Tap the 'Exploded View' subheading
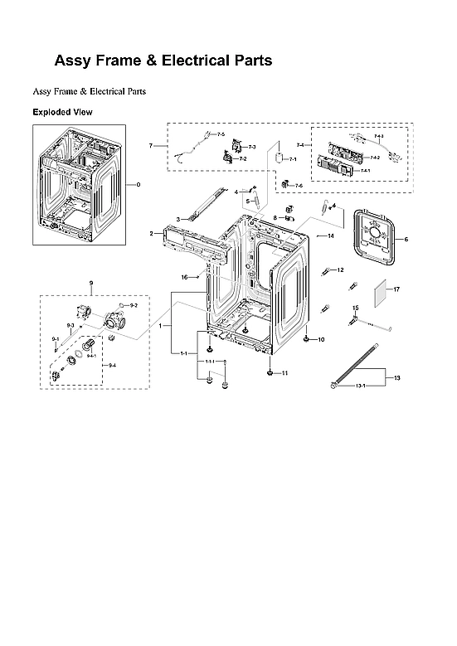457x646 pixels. point(62,112)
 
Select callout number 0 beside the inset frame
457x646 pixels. point(139,184)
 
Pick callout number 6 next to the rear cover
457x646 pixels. point(406,240)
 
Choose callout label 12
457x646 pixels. point(340,270)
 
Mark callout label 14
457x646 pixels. point(330,236)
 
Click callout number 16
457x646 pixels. point(186,276)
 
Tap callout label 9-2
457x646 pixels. point(134,306)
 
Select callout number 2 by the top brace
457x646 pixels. point(151,235)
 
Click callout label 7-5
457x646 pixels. point(221,134)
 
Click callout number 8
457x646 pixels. point(275,217)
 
